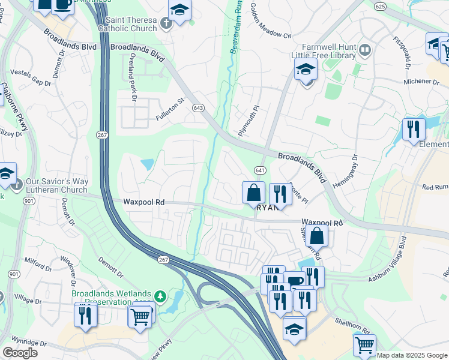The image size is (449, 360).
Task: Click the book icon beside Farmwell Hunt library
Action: pos(364,49)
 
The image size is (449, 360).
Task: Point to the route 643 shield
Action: pos(198,108)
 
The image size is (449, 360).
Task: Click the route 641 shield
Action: pos(260,170)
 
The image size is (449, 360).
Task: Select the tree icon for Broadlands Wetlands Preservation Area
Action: pos(160,296)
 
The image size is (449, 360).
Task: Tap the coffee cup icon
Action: pos(295,280)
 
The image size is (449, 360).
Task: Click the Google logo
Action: pos(20,353)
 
